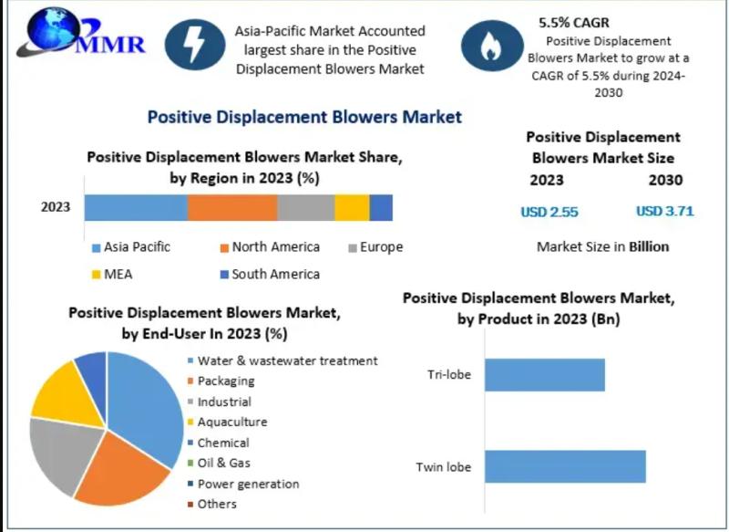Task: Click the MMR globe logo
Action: [x=81, y=33]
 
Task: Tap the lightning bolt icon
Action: [x=195, y=45]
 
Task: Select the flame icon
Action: [x=492, y=46]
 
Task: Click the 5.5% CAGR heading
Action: [x=574, y=22]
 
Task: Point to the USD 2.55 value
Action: [x=549, y=213]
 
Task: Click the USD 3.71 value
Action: [x=665, y=212]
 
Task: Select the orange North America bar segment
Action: [x=232, y=207]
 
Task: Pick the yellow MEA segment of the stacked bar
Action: [x=352, y=207]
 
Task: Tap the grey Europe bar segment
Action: [x=306, y=207]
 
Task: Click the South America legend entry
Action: [x=270, y=274]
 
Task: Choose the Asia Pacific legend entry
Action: [x=131, y=246]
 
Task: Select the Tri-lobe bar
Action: [x=545, y=375]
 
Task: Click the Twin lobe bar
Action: [x=565, y=466]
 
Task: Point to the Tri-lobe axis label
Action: [x=449, y=375]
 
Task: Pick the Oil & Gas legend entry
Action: [x=219, y=464]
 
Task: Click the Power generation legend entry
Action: [x=243, y=484]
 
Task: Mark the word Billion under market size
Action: [x=649, y=246]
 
